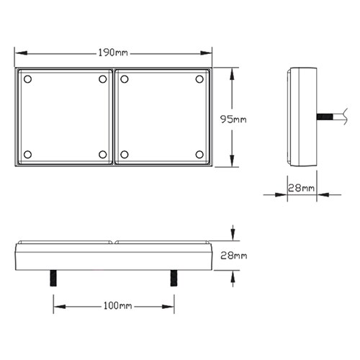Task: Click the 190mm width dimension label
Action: tap(113, 53)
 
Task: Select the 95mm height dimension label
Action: tap(233, 120)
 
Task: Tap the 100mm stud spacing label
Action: tap(117, 306)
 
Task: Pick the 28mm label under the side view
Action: tap(301, 188)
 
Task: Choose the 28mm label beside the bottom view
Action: tap(234, 256)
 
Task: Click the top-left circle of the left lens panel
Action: tap(28, 79)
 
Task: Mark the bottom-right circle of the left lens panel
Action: tap(103, 154)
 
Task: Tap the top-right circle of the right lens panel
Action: tap(199, 79)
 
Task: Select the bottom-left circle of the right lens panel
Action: tap(125, 154)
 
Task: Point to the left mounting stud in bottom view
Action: tap(53, 278)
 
